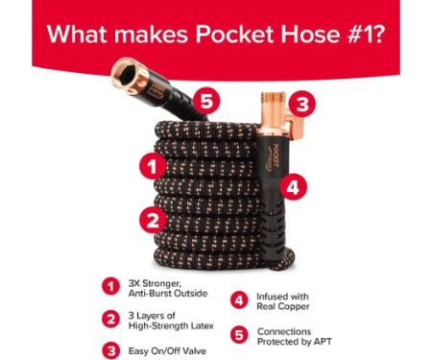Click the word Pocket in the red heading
[x=235, y=34]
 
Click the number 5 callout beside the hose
[x=206, y=101]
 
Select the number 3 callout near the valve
[x=302, y=105]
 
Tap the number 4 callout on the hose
[x=294, y=187]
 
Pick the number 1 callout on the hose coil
[x=153, y=166]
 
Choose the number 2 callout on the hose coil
[x=153, y=220]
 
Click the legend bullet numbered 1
[x=111, y=286]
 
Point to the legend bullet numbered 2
[x=111, y=319]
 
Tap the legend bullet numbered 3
[x=111, y=350]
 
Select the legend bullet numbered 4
[x=239, y=300]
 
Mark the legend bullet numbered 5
[x=239, y=335]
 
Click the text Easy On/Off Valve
[x=167, y=351]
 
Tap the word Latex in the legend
[x=203, y=325]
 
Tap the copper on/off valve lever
[x=296, y=127]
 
